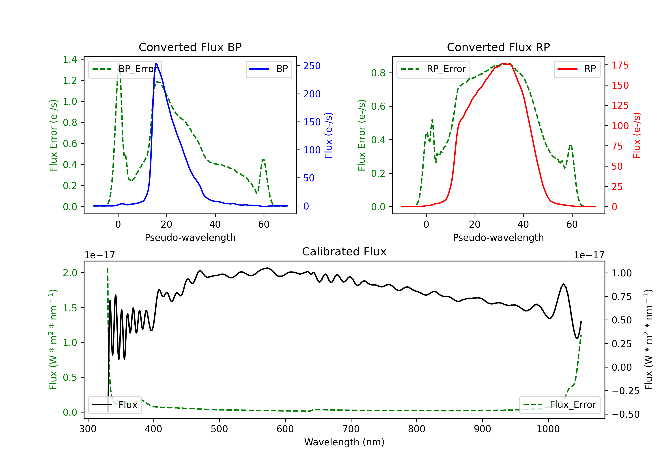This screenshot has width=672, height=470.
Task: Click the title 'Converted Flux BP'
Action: coord(190,47)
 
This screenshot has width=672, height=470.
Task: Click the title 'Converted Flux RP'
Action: coord(498,47)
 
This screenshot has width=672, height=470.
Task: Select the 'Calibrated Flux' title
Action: coord(344,252)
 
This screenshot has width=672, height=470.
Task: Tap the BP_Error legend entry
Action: coord(125,69)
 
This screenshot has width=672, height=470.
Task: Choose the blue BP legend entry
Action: coord(269,69)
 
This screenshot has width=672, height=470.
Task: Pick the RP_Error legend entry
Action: coord(433,69)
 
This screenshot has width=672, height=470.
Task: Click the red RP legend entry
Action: coord(577,69)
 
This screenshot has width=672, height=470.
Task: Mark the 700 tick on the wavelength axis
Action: coord(351,429)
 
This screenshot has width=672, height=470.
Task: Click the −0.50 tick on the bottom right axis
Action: coord(625,414)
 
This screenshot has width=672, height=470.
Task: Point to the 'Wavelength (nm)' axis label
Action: coord(344,442)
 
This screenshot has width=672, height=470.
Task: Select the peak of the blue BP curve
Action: coord(156,64)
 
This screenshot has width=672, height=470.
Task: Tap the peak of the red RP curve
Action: coord(502,64)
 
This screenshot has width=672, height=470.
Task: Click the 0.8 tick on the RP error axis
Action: coord(378,73)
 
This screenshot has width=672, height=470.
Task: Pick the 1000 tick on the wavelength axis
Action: coord(548,429)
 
